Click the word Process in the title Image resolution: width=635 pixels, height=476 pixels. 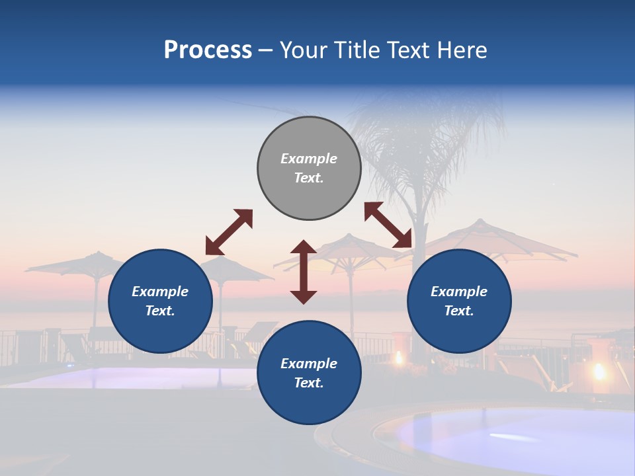pos(208,50)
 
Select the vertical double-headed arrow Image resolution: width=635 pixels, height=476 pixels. pos(304,272)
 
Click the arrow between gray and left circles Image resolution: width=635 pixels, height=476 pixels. pos(229,232)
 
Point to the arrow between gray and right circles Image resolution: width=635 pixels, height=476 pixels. pos(388,225)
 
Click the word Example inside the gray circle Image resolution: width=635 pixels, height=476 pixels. pos(309,159)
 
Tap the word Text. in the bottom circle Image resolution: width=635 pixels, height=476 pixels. pos(309,383)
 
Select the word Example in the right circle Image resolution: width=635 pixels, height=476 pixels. pos(459,292)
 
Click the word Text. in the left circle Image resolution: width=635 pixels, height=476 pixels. pos(160,311)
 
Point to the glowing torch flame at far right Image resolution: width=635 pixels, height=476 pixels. pos(600,372)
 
